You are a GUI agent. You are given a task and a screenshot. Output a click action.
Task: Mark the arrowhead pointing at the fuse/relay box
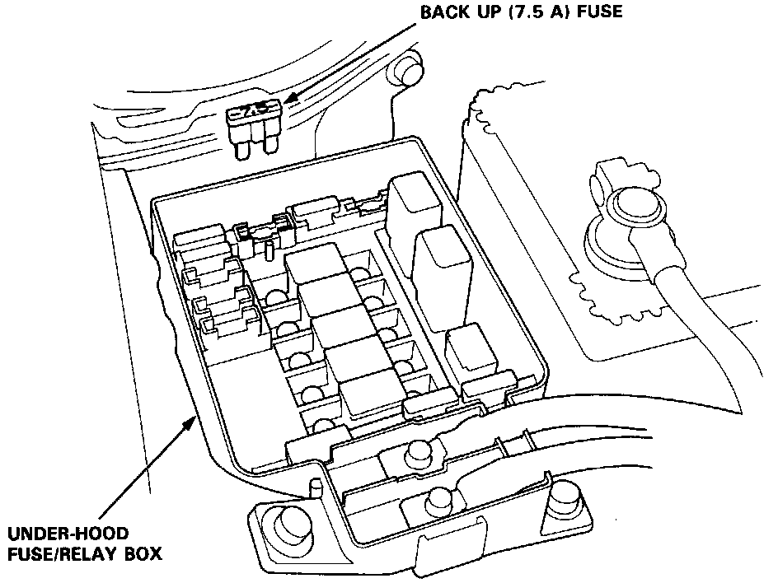[x=192, y=423]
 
